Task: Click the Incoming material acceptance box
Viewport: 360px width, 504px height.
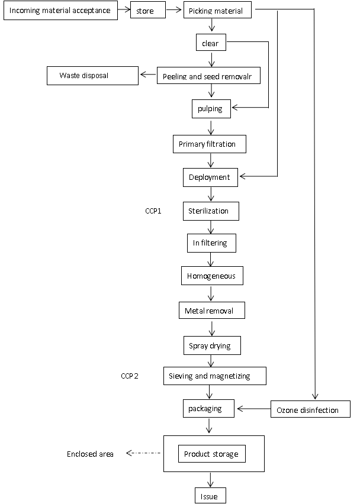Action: click(60, 10)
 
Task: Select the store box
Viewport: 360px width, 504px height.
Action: click(148, 10)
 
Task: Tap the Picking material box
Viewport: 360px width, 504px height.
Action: click(217, 10)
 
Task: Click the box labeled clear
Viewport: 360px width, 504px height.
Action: click(211, 43)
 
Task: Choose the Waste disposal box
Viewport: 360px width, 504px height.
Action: click(92, 76)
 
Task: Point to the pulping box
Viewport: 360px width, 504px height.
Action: click(211, 109)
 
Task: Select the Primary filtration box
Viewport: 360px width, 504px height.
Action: click(210, 144)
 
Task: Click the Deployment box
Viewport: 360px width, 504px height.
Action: click(210, 177)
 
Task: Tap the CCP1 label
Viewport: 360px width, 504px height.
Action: click(153, 211)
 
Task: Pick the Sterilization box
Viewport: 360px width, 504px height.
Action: click(211, 211)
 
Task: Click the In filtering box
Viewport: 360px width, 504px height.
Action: click(212, 243)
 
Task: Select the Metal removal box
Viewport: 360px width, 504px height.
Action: click(212, 310)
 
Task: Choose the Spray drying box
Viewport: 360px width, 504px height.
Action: click(213, 345)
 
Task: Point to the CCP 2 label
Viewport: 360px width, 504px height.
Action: click(130, 376)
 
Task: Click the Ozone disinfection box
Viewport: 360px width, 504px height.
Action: click(310, 409)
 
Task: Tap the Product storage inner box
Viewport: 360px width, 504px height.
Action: click(212, 454)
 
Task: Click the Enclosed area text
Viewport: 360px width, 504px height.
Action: click(90, 454)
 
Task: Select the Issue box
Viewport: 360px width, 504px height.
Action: click(210, 496)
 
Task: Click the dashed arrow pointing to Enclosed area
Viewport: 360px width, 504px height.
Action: click(143, 453)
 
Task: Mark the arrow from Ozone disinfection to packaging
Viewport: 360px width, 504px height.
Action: click(254, 409)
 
